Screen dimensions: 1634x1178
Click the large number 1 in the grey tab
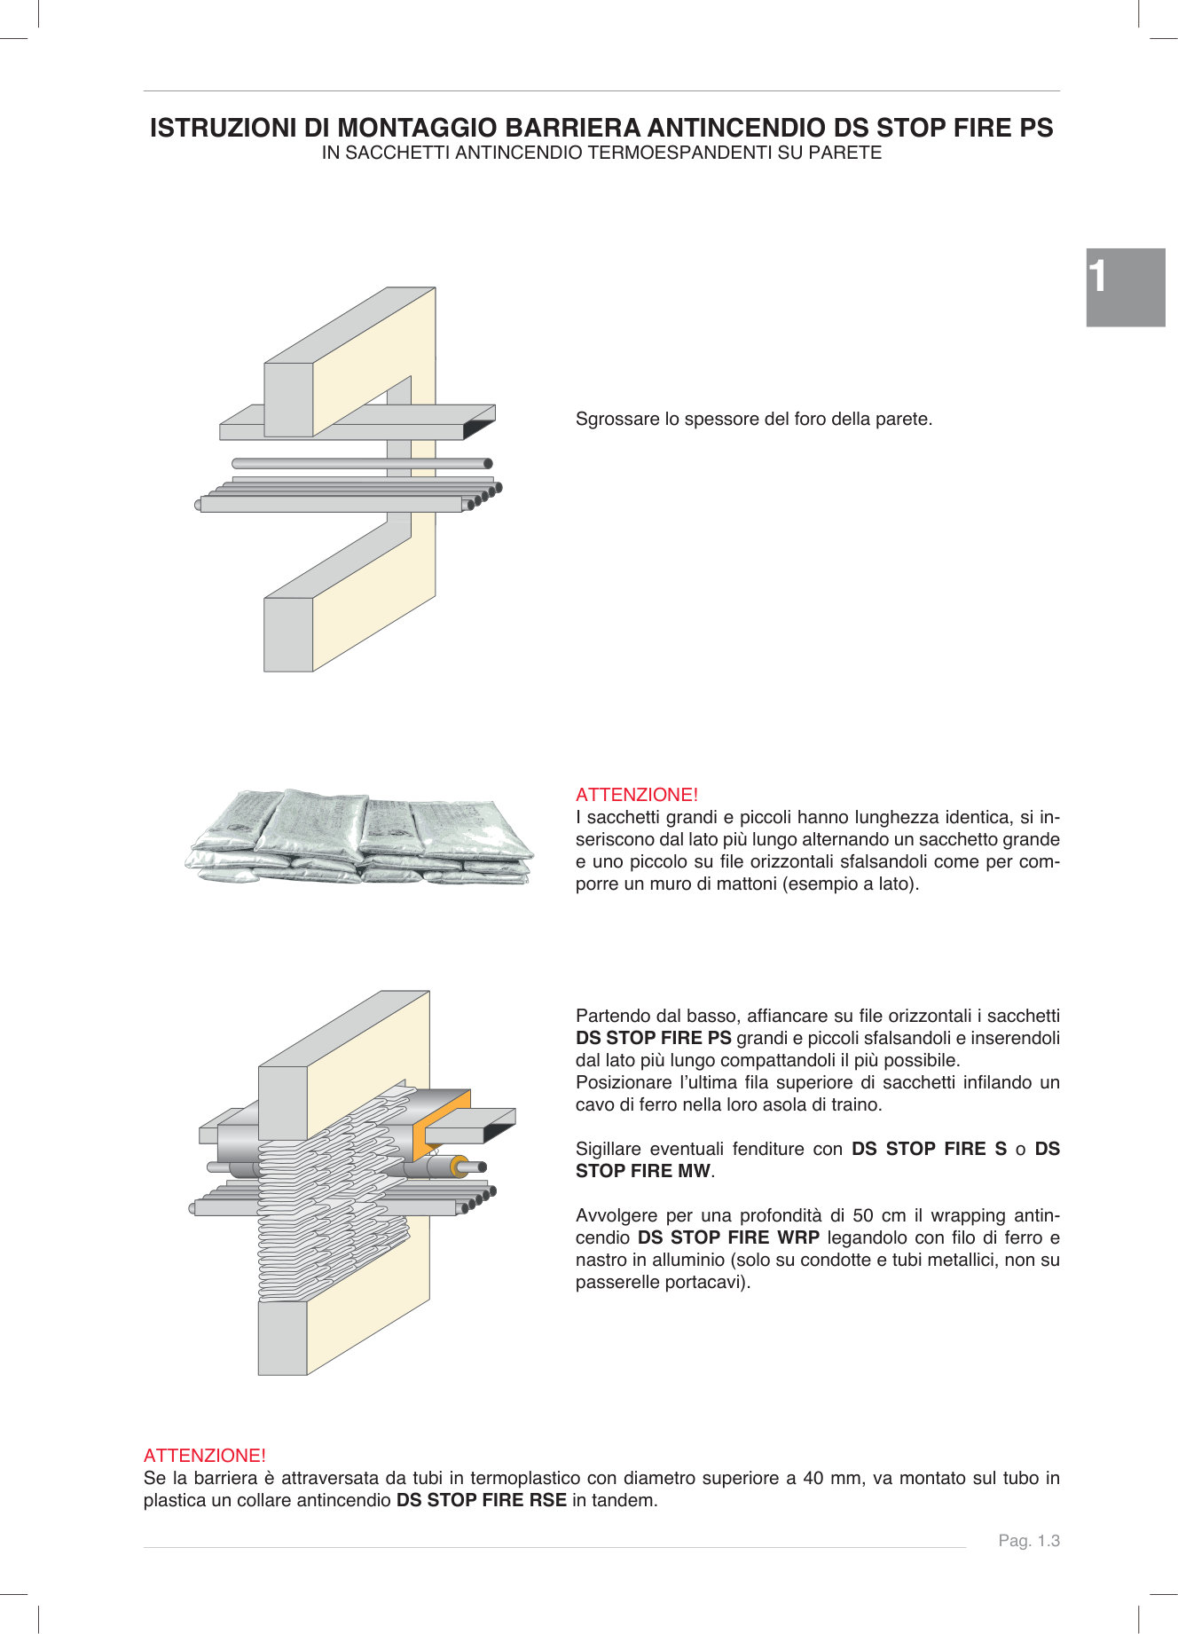[1098, 277]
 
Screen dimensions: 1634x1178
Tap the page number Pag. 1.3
[1028, 1541]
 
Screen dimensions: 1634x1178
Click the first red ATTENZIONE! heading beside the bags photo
[636, 795]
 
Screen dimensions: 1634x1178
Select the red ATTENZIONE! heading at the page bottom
[204, 1456]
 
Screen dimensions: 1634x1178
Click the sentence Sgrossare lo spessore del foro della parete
[753, 419]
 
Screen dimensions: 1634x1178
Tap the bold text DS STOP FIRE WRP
[728, 1237]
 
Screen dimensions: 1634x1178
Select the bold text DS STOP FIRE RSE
[481, 1500]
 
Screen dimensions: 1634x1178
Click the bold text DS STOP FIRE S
[929, 1149]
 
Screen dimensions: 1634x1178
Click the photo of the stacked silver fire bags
[359, 837]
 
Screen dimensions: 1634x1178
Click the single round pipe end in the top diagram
[487, 463]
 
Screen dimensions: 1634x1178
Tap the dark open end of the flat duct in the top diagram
[478, 428]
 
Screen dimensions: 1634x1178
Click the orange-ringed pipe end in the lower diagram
[459, 1167]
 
